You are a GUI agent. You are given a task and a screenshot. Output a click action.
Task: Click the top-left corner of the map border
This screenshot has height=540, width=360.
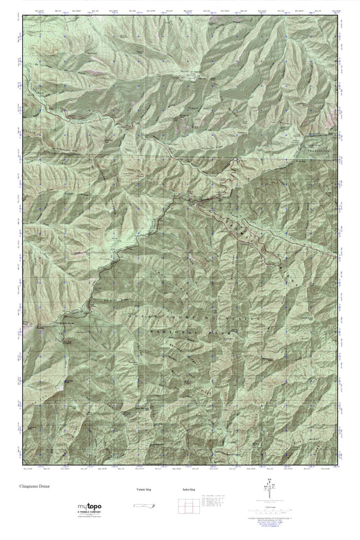[22, 15]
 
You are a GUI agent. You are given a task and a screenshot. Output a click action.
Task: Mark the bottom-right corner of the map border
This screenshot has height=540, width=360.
[338, 466]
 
